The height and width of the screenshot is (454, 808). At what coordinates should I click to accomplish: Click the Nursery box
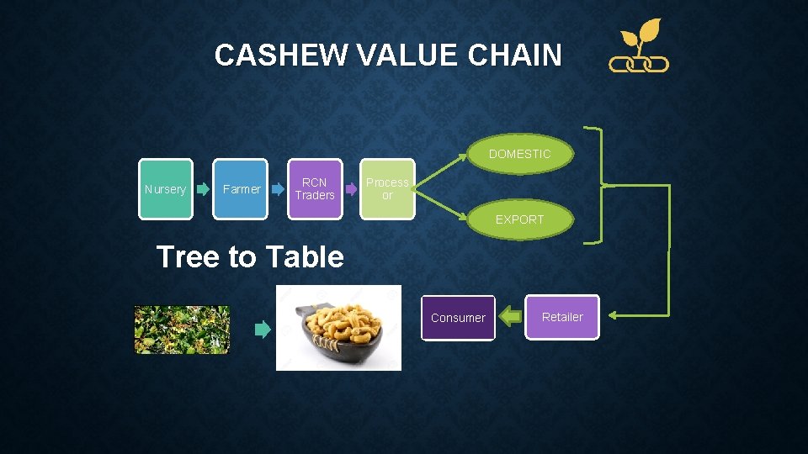pyautogui.click(x=165, y=189)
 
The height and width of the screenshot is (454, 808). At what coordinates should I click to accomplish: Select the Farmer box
pyautogui.click(x=241, y=189)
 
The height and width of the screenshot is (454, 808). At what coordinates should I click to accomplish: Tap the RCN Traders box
pyautogui.click(x=315, y=189)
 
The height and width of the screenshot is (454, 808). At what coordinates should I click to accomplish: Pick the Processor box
pyautogui.click(x=387, y=189)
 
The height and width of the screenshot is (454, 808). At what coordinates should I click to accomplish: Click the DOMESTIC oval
pyautogui.click(x=519, y=154)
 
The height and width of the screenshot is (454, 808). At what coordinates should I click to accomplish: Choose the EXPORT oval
pyautogui.click(x=519, y=219)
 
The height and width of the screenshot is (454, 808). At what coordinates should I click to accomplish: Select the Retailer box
pyautogui.click(x=562, y=317)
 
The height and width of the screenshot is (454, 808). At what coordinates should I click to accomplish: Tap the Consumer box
pyautogui.click(x=458, y=318)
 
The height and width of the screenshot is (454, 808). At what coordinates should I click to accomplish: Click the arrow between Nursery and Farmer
pyautogui.click(x=203, y=189)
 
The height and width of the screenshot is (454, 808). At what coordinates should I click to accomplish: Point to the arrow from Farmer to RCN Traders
pyautogui.click(x=278, y=189)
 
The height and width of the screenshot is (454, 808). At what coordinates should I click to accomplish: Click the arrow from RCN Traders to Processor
pyautogui.click(x=352, y=189)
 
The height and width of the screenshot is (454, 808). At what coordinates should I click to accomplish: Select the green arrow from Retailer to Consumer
pyautogui.click(x=510, y=317)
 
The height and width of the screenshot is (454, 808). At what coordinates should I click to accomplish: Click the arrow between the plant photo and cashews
pyautogui.click(x=263, y=330)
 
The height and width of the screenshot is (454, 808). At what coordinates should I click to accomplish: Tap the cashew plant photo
pyautogui.click(x=182, y=330)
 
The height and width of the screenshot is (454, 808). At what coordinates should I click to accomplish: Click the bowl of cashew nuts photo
pyautogui.click(x=338, y=328)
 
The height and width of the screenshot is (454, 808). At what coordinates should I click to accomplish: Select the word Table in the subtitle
pyautogui.click(x=303, y=256)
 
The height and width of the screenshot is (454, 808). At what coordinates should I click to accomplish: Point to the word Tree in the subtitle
pyautogui.click(x=186, y=256)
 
